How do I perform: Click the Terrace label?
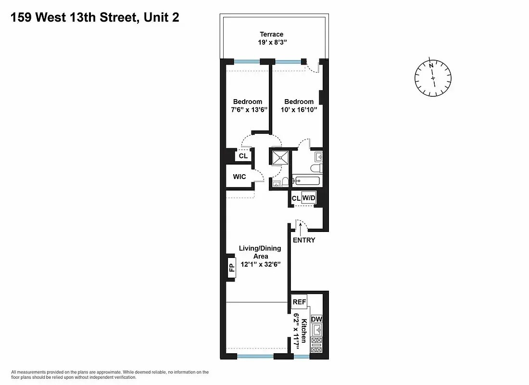point(272,34)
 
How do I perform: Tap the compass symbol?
point(433,77)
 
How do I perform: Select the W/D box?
point(308,198)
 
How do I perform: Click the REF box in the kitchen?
point(299,302)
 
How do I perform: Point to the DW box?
point(316,320)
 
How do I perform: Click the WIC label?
point(239,177)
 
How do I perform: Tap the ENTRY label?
point(303,240)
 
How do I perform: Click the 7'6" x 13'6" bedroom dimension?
point(247,110)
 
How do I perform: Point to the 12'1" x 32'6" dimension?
point(260,265)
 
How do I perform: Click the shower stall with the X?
point(280,158)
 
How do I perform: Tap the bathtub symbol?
point(306,181)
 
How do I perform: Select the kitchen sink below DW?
point(316,330)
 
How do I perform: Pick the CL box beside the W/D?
point(296,198)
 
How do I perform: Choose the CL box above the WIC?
point(243,156)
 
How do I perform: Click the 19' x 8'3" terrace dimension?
point(272,42)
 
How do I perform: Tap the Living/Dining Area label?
point(260,252)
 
